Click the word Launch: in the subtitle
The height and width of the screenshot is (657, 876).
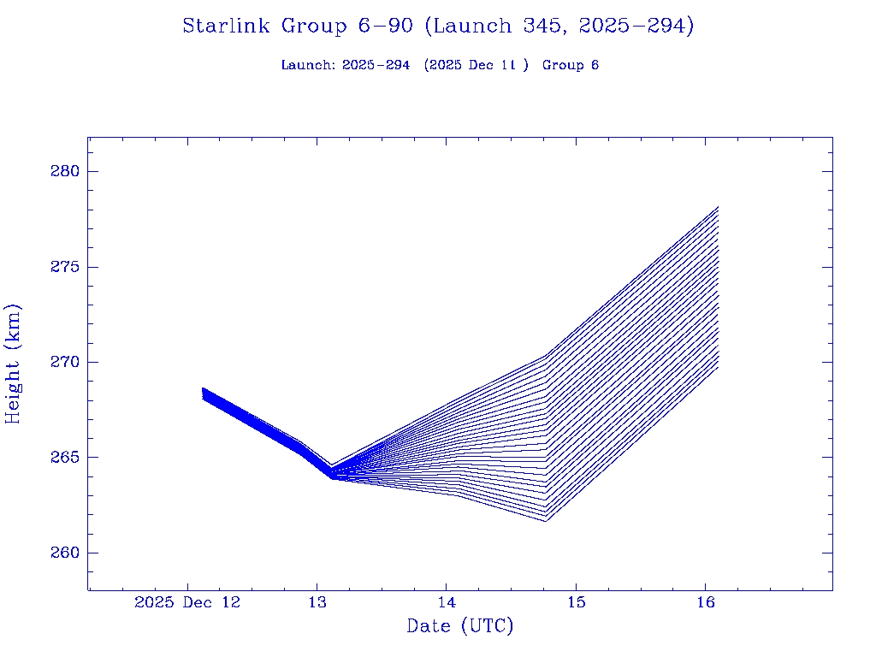pyautogui.click(x=308, y=66)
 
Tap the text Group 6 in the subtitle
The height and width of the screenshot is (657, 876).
pyautogui.click(x=571, y=66)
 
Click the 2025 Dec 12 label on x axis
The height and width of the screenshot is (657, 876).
pyautogui.click(x=187, y=603)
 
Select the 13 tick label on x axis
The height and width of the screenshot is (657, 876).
pyautogui.click(x=317, y=603)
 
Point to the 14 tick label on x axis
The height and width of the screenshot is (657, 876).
pyautogui.click(x=446, y=603)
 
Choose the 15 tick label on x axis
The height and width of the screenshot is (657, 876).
pyautogui.click(x=576, y=603)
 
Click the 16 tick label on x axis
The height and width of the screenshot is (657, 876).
pyautogui.click(x=705, y=603)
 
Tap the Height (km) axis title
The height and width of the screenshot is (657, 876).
pyautogui.click(x=14, y=363)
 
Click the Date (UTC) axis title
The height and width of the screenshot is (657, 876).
pyautogui.click(x=460, y=627)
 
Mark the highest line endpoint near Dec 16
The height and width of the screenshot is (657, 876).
pyautogui.click(x=718, y=207)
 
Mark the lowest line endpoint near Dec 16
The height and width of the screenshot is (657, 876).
pyautogui.click(x=718, y=367)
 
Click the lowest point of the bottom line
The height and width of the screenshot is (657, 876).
pyautogui.click(x=545, y=521)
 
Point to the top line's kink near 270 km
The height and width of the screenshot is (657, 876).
pyautogui.click(x=546, y=356)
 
